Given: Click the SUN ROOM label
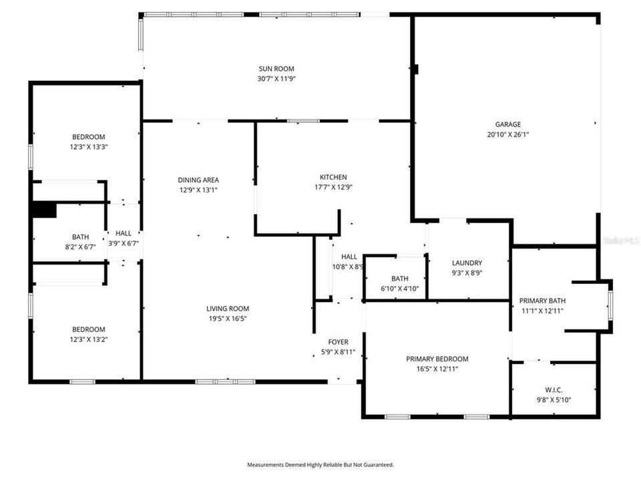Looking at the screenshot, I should [x=276, y=68].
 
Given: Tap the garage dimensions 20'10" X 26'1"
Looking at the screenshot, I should [x=508, y=134].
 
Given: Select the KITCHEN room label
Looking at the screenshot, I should [x=333, y=177].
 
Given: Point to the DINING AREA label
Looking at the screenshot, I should [x=198, y=180].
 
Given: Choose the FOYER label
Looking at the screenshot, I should [x=339, y=342].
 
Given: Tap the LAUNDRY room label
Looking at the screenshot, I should [x=467, y=263].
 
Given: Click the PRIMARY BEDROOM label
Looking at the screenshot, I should [x=437, y=359].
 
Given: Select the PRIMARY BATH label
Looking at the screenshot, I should [x=542, y=301].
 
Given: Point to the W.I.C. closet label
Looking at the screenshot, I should [x=554, y=390].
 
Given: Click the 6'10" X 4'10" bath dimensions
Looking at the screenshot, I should [x=400, y=289].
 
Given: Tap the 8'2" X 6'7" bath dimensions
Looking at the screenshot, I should [x=80, y=247].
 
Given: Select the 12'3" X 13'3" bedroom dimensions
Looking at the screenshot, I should [x=89, y=147].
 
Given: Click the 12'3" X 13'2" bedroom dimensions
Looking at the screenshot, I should [x=89, y=339].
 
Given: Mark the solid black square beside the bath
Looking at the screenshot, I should [x=45, y=210].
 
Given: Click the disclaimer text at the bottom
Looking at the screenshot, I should [x=320, y=464].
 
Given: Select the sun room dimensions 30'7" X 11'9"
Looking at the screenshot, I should [x=276, y=78].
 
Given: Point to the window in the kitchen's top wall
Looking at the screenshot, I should [x=303, y=121].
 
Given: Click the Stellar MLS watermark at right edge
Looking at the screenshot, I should [x=620, y=239].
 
